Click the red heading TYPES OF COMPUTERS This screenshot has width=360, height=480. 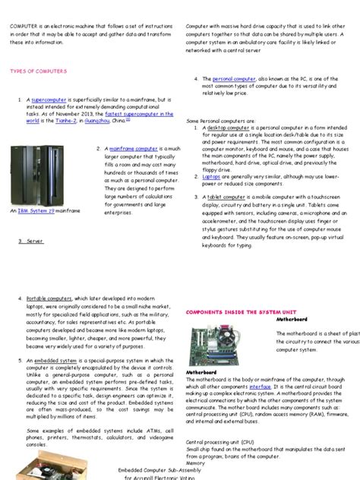(38, 71)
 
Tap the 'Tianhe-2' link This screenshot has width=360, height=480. (62, 120)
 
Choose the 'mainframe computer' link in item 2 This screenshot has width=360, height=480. (134, 149)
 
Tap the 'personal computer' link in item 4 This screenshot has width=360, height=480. (234, 79)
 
